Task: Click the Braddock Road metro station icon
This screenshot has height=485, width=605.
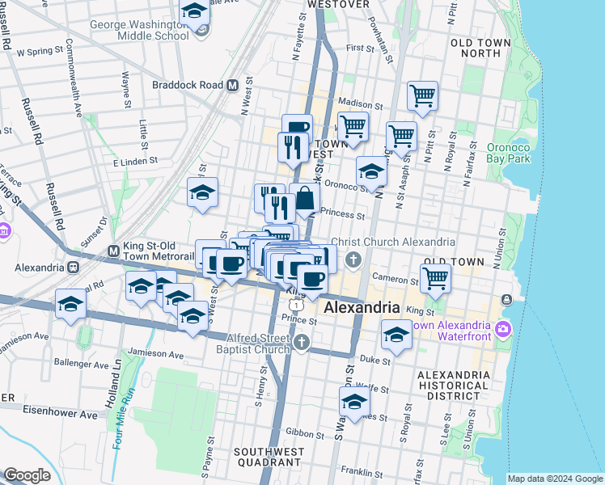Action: tap(231, 85)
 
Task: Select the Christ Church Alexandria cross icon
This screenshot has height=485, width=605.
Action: tap(353, 259)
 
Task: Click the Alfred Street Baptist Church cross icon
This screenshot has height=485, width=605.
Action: tap(302, 342)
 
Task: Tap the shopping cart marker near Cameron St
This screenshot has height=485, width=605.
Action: tap(435, 276)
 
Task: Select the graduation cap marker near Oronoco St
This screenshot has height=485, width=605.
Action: tap(371, 171)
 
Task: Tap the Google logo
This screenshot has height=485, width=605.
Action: tap(27, 475)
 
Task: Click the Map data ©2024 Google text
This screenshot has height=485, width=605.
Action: tap(555, 479)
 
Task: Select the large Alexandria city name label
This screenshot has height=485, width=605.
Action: tap(362, 308)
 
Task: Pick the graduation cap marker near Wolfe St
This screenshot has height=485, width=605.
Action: tap(354, 400)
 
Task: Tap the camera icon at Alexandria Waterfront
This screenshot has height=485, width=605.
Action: tap(505, 328)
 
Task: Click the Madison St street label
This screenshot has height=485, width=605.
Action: tap(361, 104)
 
